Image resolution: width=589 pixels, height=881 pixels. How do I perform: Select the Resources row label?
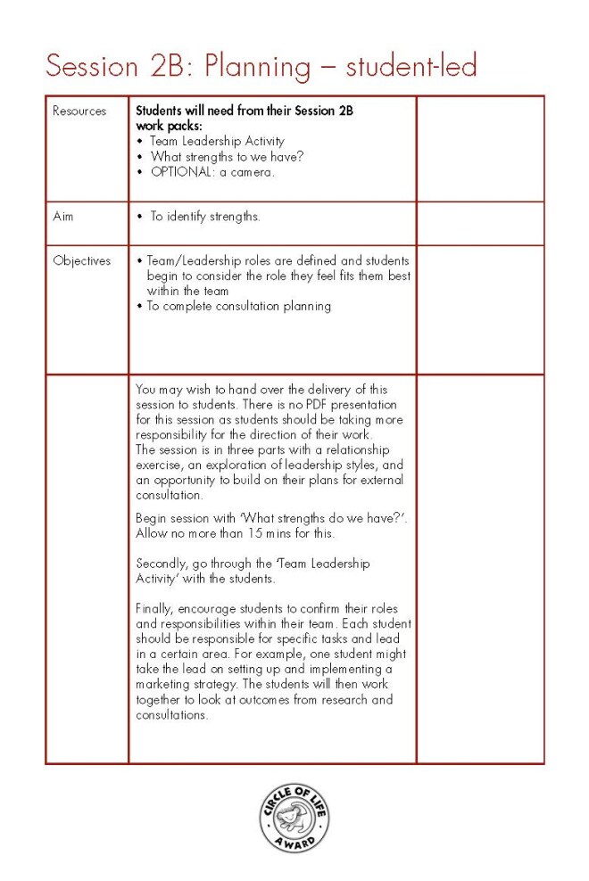79,111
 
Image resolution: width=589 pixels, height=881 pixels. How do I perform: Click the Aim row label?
62,217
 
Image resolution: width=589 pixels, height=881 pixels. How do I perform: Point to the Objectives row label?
82,261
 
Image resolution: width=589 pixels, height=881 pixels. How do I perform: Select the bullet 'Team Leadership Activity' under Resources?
217,141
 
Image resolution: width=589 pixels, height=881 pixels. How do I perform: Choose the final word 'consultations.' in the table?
172,715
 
